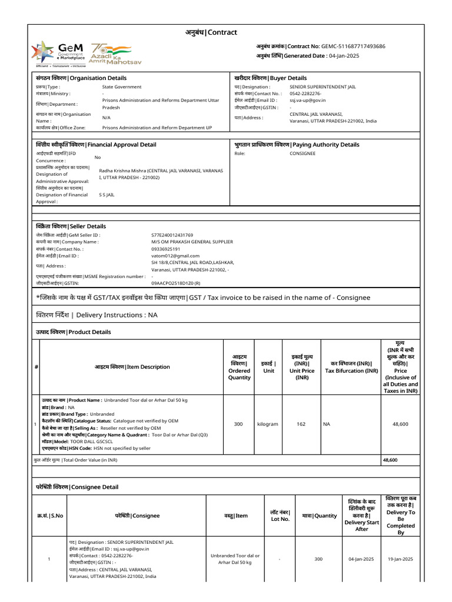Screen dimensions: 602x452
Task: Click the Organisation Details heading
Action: click(81, 78)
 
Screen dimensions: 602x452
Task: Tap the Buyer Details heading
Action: click(270, 78)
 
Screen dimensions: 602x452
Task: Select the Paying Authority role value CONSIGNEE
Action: click(303, 153)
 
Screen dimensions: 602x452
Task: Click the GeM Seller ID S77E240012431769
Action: click(172, 235)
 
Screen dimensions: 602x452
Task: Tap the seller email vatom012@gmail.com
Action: click(175, 256)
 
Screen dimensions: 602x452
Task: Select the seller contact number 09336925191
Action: click(165, 249)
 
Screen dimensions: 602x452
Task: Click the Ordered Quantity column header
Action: click(239, 367)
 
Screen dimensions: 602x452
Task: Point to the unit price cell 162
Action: click(301, 423)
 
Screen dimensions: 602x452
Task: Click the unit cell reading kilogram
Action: click(268, 423)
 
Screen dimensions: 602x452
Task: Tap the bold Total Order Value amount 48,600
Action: click(390, 460)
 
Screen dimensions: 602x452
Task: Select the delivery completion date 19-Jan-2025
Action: click(400, 559)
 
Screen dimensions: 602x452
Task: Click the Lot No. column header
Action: click(280, 515)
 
